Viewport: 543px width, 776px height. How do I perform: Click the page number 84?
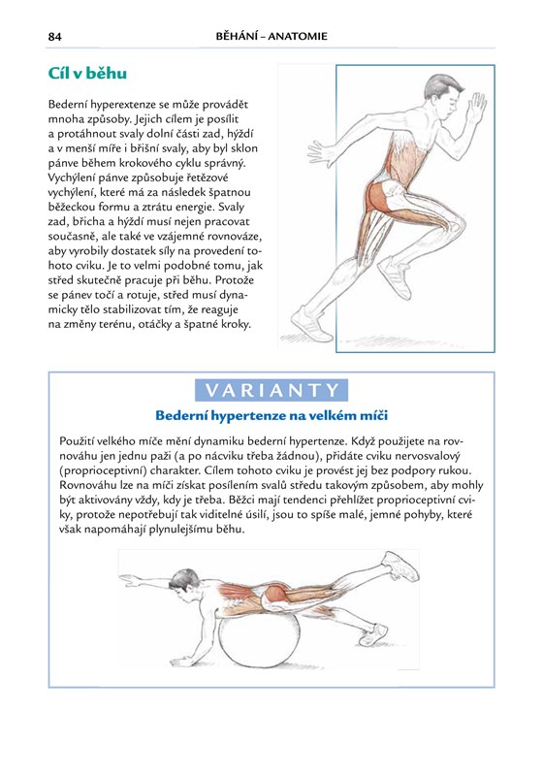(55, 37)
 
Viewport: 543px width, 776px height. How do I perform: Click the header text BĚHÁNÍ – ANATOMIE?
(271, 36)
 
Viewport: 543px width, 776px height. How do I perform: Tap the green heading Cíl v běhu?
(87, 74)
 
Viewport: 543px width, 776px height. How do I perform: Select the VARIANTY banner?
(271, 391)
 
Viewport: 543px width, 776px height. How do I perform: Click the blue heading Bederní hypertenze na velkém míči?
(271, 415)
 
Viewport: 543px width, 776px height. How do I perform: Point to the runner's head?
(442, 95)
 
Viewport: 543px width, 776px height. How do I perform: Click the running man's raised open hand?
(476, 107)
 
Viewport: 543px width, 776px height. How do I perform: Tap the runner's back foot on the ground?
(310, 324)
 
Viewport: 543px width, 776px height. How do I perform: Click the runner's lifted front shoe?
(394, 275)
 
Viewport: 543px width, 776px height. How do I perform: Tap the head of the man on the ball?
(184, 585)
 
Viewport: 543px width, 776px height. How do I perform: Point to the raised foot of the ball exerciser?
(401, 566)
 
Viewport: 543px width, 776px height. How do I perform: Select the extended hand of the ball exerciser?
(131, 578)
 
